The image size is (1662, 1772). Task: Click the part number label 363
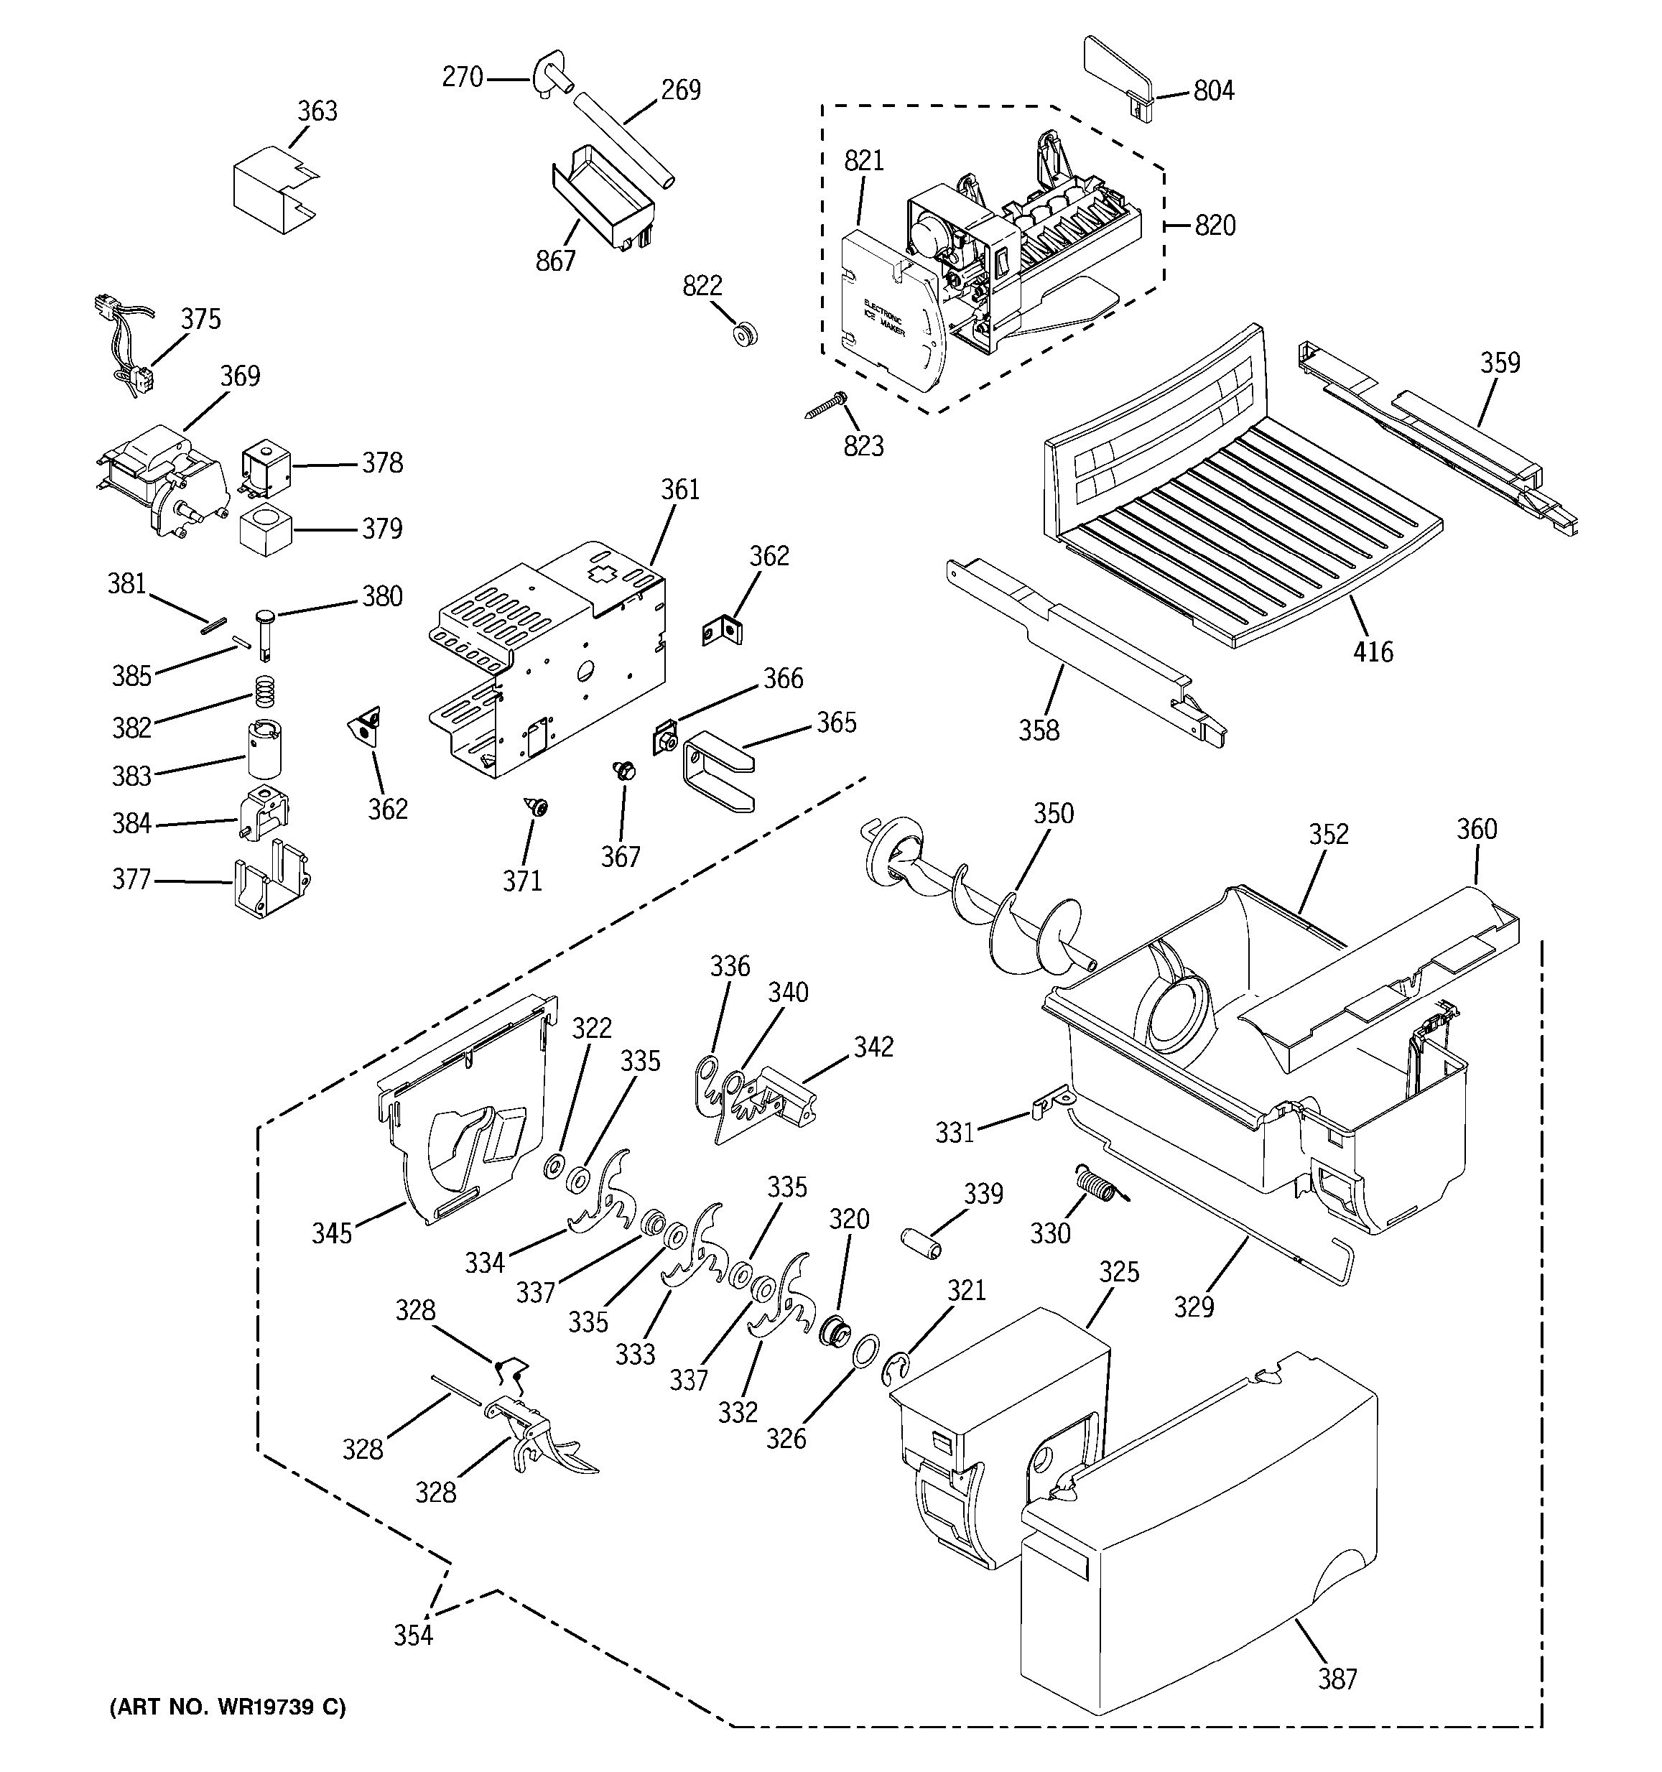point(317,111)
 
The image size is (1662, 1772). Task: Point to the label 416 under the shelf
point(1373,651)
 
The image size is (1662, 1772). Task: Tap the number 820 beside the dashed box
point(1215,225)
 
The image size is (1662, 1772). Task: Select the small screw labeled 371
point(537,807)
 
